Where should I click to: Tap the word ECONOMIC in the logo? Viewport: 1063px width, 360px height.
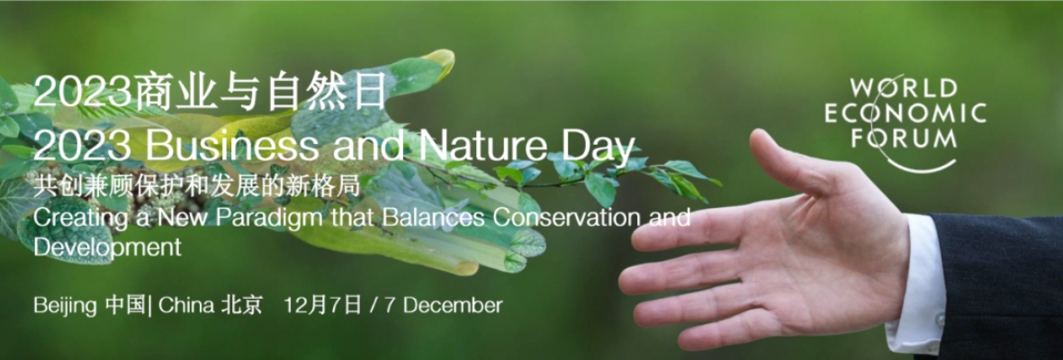[x=905, y=113]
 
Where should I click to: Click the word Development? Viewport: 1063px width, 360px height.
[x=107, y=247]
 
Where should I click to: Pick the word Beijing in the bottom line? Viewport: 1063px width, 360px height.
[x=65, y=306]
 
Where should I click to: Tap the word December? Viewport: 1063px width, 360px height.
[x=453, y=305]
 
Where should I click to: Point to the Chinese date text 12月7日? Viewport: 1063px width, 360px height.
[x=323, y=305]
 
